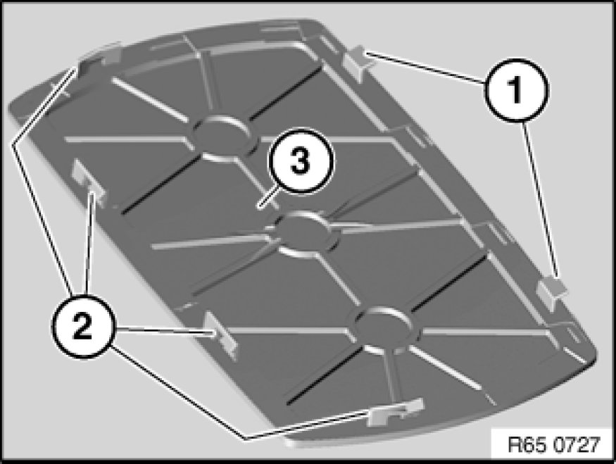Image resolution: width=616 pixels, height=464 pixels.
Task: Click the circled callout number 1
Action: click(516, 90)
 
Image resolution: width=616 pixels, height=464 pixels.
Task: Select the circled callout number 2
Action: click(82, 327)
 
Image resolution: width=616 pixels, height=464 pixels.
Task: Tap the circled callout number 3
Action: click(301, 161)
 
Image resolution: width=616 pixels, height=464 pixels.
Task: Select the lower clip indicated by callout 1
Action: click(552, 291)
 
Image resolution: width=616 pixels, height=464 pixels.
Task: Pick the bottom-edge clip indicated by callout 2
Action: click(395, 412)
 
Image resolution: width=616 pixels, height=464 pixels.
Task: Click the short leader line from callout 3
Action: click(268, 196)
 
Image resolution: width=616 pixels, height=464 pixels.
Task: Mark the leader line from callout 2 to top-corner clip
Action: click(43, 181)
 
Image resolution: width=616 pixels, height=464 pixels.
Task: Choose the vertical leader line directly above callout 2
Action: click(89, 244)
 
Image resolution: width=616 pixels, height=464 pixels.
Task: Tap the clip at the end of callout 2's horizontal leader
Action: click(221, 334)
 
